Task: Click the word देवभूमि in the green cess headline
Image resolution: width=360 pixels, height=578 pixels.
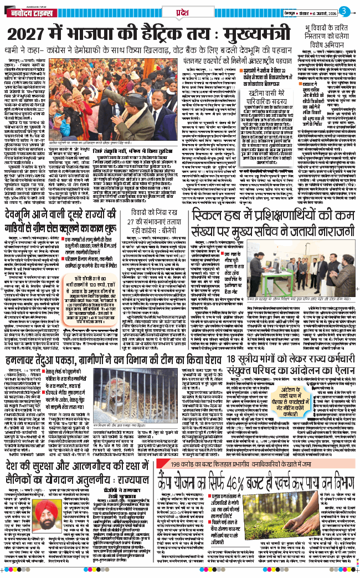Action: point(22,231)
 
